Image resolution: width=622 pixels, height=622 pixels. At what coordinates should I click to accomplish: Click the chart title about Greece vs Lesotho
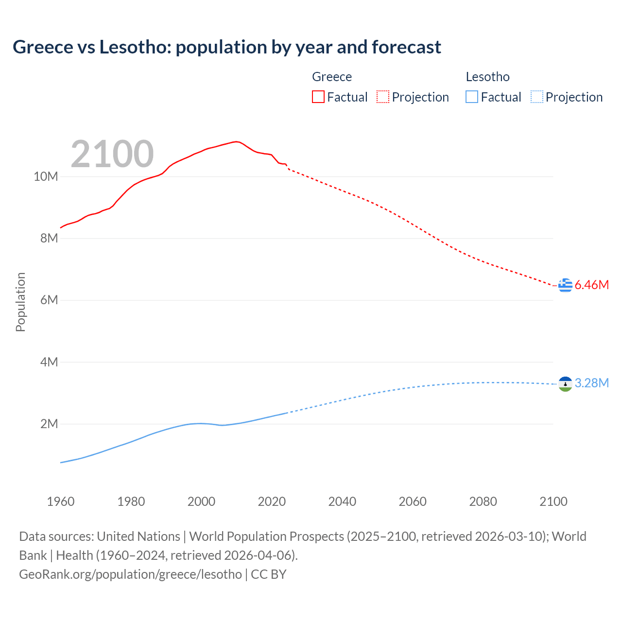pos(227,47)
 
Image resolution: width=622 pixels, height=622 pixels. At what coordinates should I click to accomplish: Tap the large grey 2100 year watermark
pos(112,154)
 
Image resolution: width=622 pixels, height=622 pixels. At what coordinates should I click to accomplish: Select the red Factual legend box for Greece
pos(318,97)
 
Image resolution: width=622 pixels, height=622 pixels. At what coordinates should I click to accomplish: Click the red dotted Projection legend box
pos(383,97)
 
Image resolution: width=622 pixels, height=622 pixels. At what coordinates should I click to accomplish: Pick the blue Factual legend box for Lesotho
pos(471,97)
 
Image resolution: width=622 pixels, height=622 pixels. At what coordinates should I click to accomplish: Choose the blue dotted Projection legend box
pos(536,97)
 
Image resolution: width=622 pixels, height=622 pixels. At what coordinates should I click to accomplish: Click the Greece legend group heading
pos(332,77)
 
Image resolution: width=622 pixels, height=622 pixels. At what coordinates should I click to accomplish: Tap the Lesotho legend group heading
pos(487,77)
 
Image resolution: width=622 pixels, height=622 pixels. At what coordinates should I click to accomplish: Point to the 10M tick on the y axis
pos(46,176)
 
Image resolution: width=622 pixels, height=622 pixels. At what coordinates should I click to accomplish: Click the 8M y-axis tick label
pos(49,238)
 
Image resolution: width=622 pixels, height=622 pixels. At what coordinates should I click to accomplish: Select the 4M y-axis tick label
pos(49,362)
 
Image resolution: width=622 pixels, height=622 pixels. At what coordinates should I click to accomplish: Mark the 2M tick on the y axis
pos(49,424)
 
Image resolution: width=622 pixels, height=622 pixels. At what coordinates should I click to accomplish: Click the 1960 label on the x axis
pos(61,501)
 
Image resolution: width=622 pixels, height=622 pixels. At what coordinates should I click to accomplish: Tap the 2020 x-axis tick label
pos(272,501)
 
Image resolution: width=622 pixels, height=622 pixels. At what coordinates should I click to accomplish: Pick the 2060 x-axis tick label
pos(413,501)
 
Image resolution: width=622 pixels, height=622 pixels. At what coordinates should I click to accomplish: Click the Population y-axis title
pos(20,302)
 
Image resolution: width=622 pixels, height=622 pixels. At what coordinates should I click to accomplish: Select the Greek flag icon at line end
pos(565,285)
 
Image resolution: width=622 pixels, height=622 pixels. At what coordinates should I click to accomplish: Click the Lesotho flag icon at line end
pos(565,384)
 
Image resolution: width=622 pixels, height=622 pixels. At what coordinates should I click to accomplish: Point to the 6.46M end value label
pos(592,285)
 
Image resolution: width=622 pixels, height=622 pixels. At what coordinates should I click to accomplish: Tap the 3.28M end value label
pos(592,383)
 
